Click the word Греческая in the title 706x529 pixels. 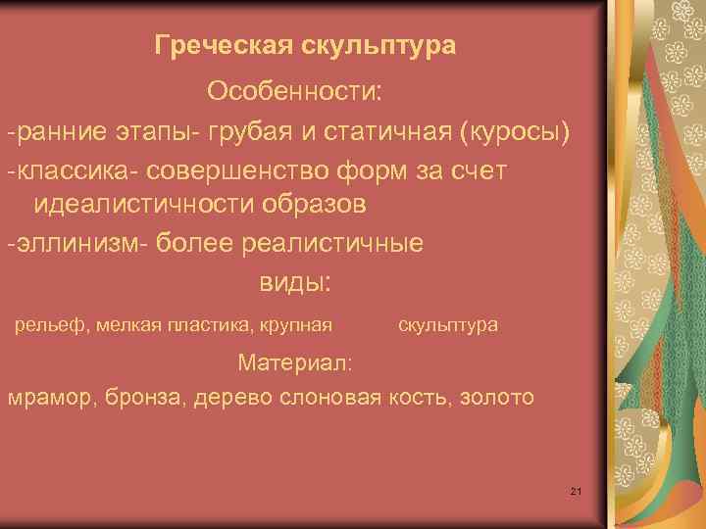coord(210,46)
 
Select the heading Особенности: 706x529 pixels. coord(296,91)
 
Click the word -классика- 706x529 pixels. coord(75,170)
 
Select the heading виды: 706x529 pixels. coord(295,283)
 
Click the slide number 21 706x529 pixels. coord(576,490)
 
